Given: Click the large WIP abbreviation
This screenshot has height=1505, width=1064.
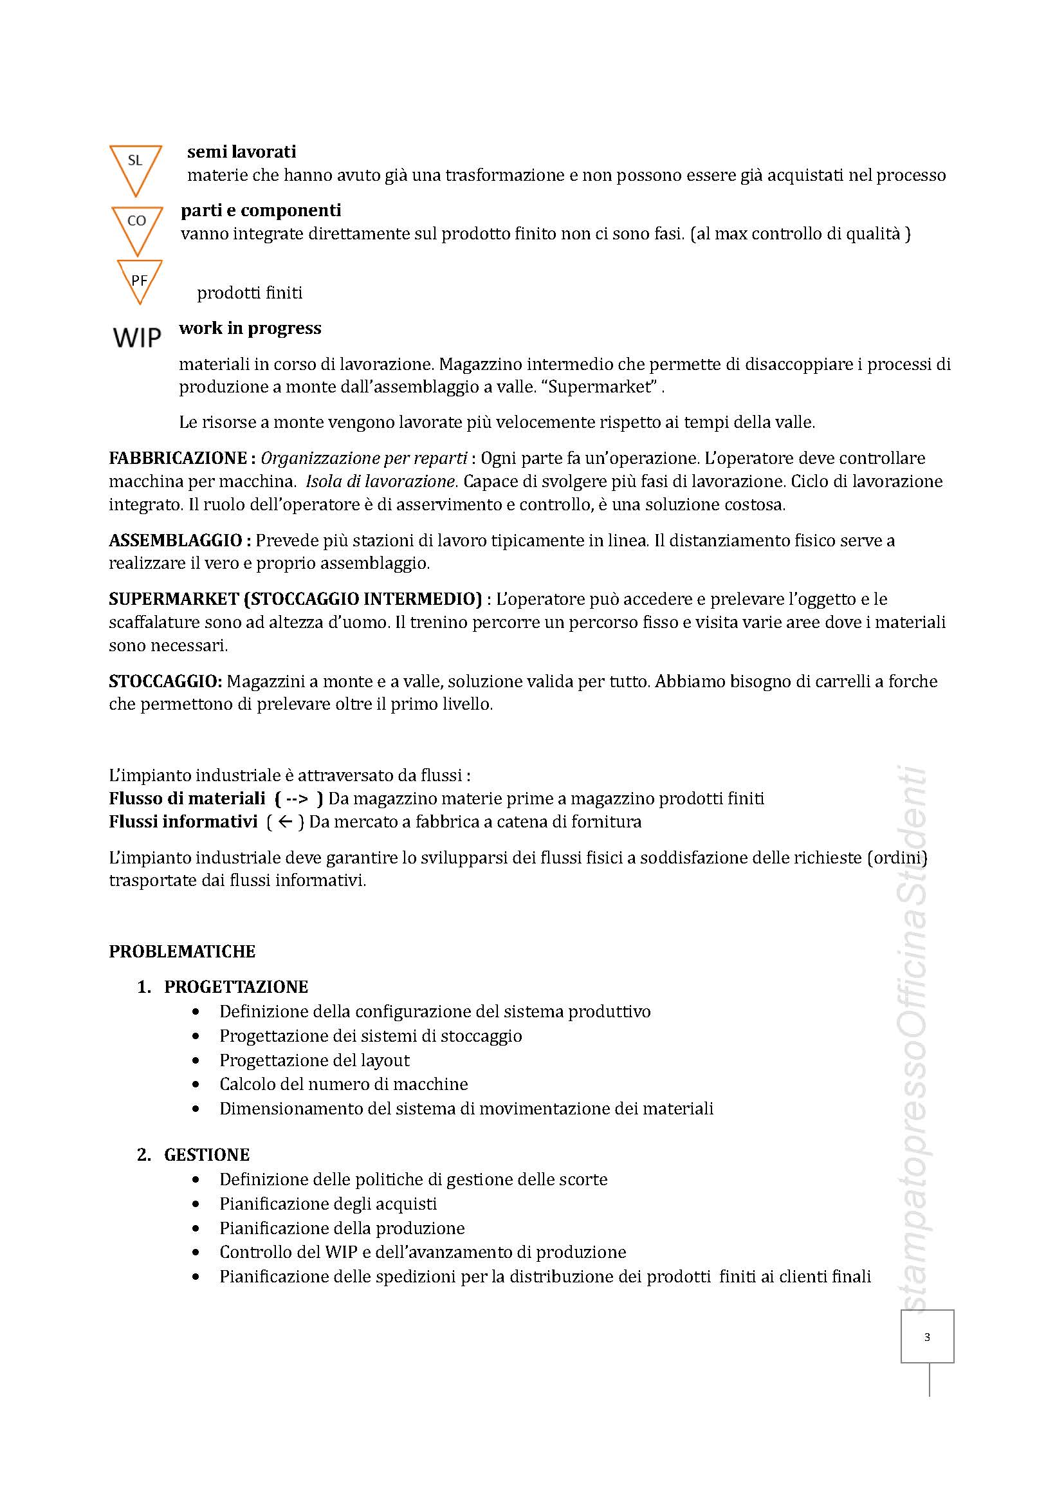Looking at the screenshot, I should click(137, 338).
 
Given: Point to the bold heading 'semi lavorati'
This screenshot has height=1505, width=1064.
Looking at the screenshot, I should click(241, 152).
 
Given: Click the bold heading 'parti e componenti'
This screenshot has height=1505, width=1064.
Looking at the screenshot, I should click(261, 210).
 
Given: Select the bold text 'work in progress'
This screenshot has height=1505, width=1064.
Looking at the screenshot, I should click(250, 328).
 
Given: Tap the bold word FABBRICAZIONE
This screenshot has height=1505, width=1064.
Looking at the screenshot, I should click(178, 457).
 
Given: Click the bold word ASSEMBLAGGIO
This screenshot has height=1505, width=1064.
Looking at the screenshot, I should click(175, 540).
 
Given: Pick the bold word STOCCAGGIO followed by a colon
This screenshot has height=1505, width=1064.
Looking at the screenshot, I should click(166, 681).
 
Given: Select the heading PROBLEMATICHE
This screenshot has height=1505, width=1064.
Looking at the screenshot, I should click(182, 951).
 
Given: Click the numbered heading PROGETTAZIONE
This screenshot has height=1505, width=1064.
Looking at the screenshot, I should click(236, 986).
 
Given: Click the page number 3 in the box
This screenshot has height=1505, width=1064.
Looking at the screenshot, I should click(926, 1336).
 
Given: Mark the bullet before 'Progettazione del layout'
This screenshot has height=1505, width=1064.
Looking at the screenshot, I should click(196, 1060).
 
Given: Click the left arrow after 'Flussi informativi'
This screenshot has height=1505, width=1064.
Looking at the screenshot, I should click(284, 821).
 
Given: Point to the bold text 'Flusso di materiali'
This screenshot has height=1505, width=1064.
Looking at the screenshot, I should click(187, 799).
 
